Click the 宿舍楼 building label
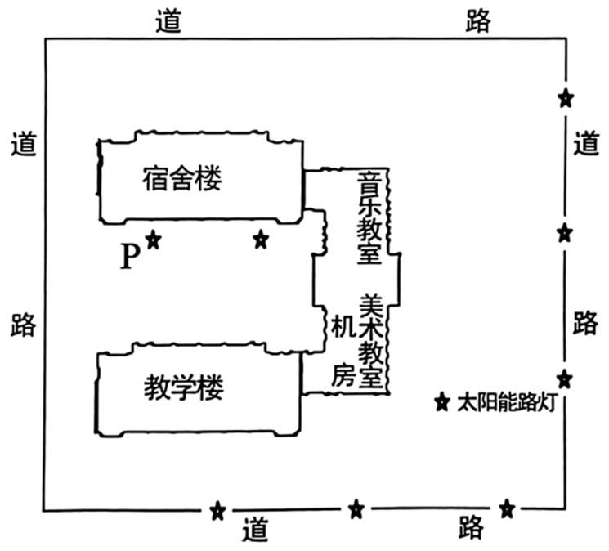coord(182,178)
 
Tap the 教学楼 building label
coord(184,387)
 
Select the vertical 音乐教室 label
coord(369,218)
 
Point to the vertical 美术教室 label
coord(371,341)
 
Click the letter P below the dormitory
coord(130,256)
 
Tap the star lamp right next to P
coord(154,240)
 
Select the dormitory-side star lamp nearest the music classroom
coord(261,240)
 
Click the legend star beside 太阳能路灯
coord(442,403)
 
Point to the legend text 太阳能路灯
coord(508,403)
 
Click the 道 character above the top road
coord(168,20)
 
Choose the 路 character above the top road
coord(478,20)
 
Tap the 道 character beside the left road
coord(24,144)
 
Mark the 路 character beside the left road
coord(24,325)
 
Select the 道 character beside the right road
coord(586,143)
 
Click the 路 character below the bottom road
coord(472,527)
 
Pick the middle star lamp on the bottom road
coord(356,509)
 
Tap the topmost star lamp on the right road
coord(566,98)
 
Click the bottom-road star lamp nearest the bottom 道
coord(218,511)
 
